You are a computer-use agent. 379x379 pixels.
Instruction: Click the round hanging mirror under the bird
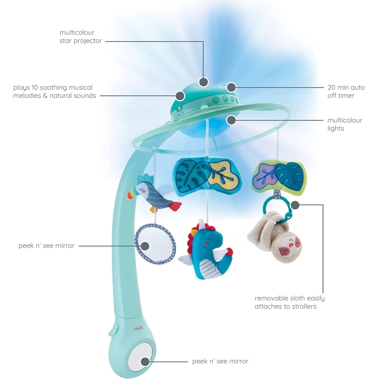pyautogui.click(x=155, y=244)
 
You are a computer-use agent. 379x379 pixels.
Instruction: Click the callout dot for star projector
pyautogui.click(x=203, y=82)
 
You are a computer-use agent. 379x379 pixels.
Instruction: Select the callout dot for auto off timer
pyautogui.click(x=231, y=87)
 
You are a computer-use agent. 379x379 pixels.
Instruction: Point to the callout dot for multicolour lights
pyautogui.click(x=231, y=120)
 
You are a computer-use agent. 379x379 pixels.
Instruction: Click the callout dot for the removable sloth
pyautogui.click(x=295, y=204)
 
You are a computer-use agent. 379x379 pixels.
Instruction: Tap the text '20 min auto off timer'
pyautogui.click(x=346, y=91)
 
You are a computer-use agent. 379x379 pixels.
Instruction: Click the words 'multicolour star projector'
pyautogui.click(x=80, y=37)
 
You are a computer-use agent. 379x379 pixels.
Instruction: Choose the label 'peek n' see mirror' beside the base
pyautogui.click(x=220, y=361)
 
